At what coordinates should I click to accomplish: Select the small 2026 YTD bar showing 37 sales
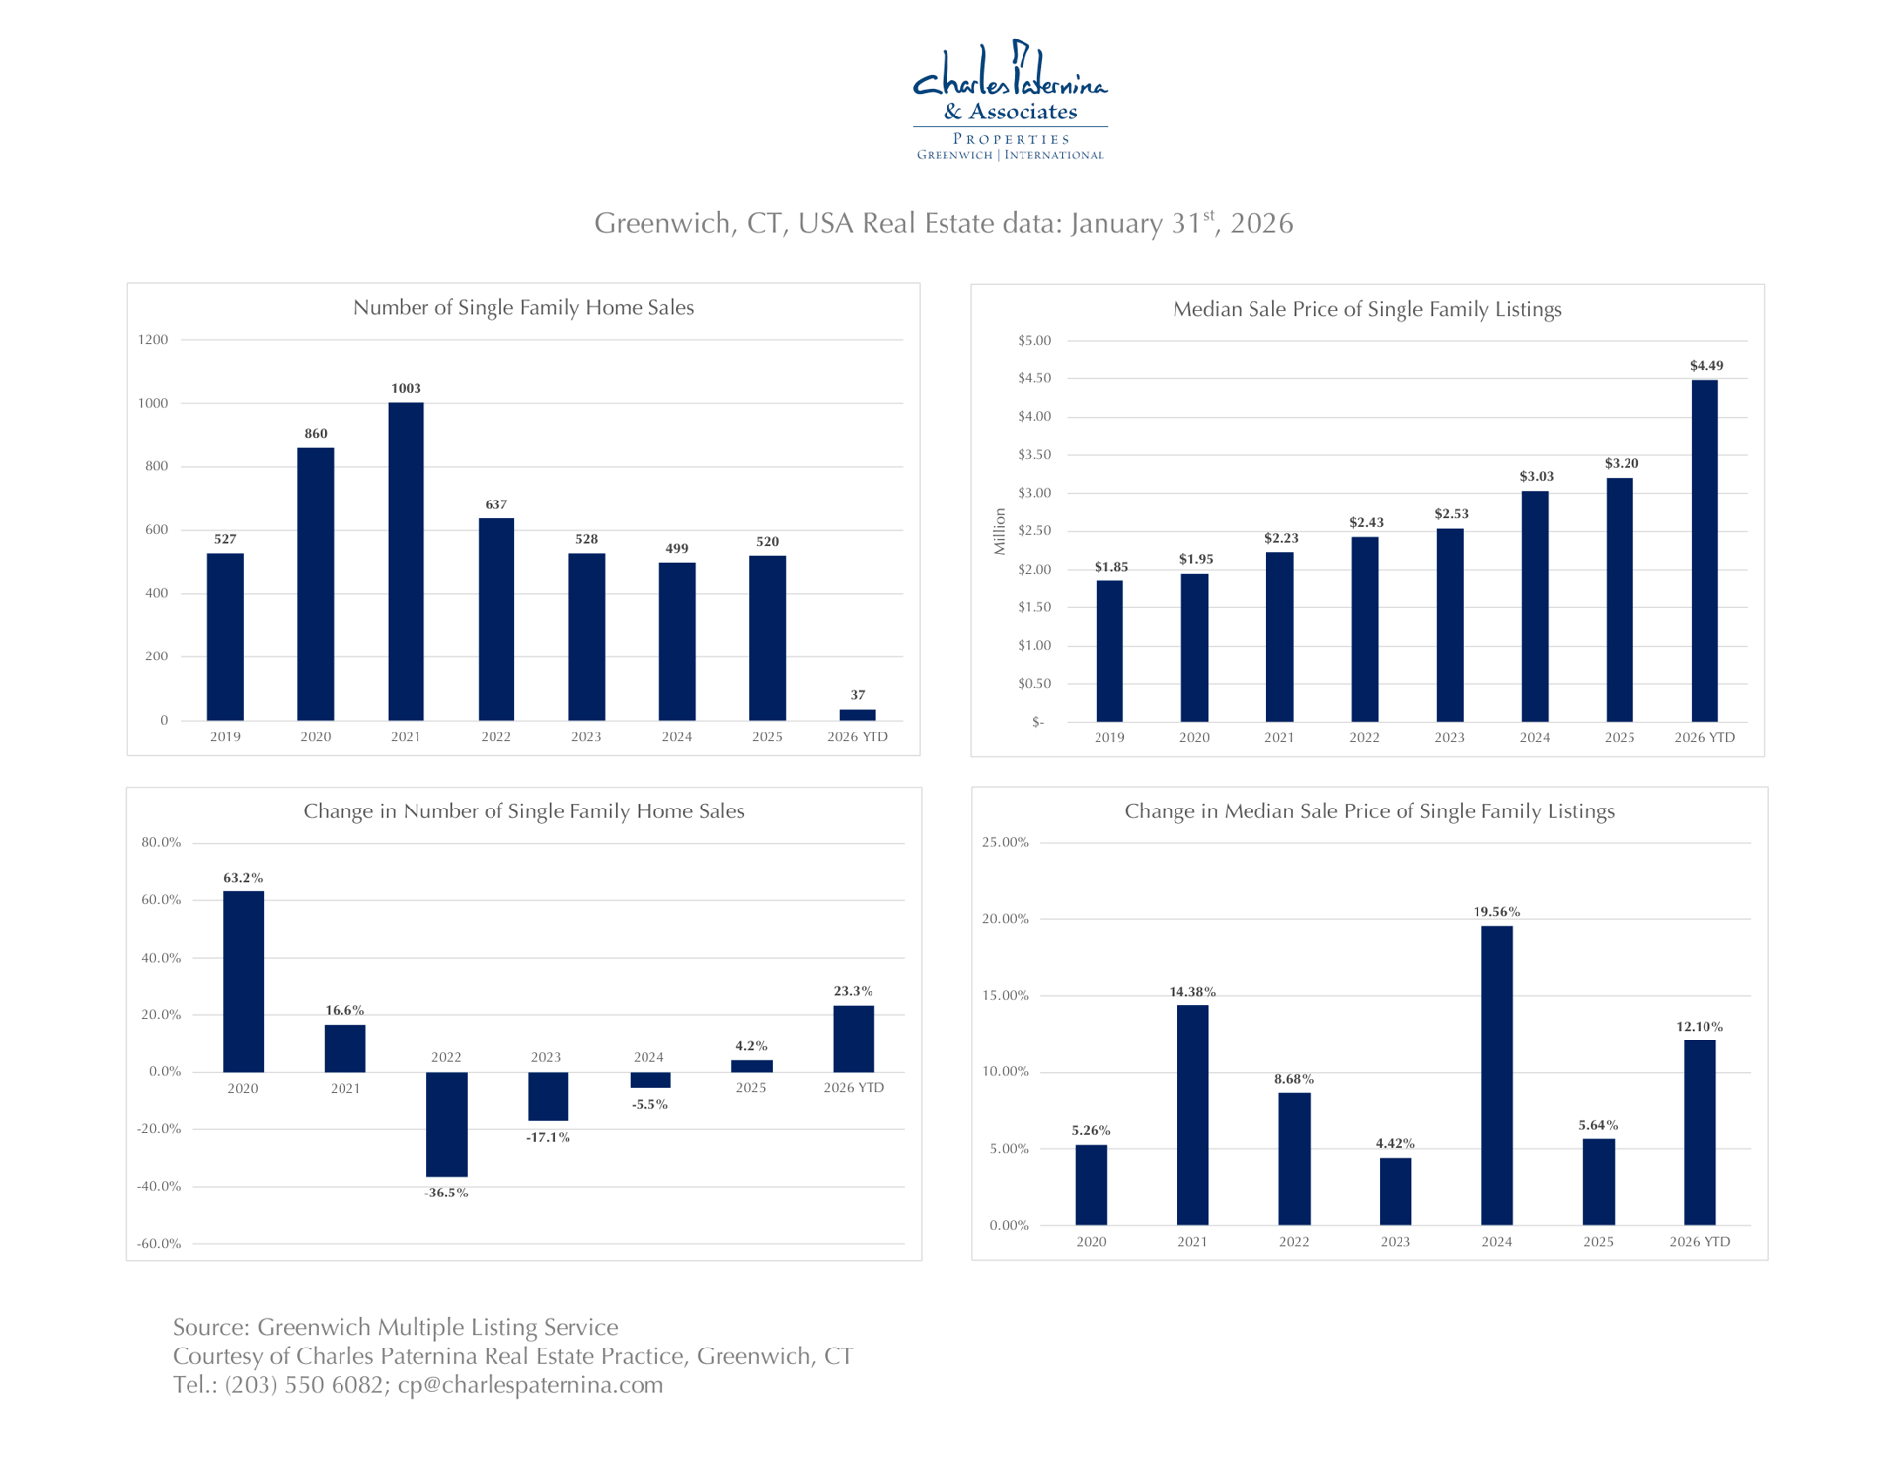click(858, 715)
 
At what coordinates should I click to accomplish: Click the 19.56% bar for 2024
click(1496, 1075)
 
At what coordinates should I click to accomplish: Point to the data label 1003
click(406, 388)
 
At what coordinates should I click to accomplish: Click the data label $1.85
click(1110, 567)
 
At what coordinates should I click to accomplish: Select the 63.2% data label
click(243, 878)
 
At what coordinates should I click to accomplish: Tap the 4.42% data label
click(1396, 1143)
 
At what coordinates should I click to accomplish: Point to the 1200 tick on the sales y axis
click(153, 340)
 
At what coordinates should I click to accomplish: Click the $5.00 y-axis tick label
click(1034, 341)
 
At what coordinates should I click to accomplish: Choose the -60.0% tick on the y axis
click(160, 1243)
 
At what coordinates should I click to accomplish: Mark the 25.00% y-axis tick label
click(1006, 842)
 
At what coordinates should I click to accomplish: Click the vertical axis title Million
click(1000, 531)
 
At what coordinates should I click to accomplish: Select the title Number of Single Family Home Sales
click(523, 308)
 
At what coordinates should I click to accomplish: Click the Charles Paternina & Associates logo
click(1010, 100)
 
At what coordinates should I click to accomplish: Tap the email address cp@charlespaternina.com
click(530, 1385)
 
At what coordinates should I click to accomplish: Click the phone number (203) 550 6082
click(304, 1385)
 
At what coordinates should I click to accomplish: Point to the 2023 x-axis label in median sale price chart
click(1449, 737)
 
